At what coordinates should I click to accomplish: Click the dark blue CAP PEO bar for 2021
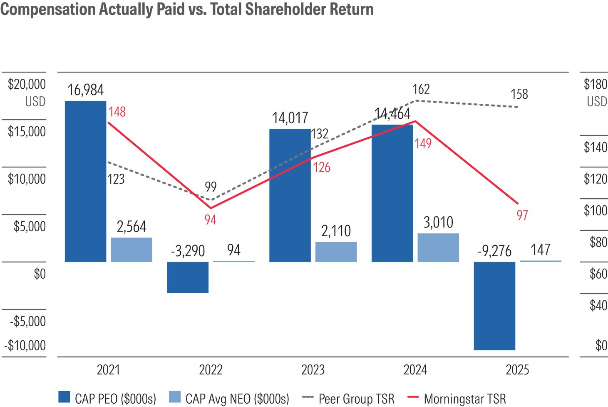click(86, 181)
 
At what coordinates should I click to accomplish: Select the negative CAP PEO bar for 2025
click(494, 306)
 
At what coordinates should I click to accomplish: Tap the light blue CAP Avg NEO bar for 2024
click(438, 247)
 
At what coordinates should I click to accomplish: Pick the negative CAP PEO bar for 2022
click(188, 277)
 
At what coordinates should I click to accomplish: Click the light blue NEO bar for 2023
click(336, 252)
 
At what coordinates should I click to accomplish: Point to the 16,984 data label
click(86, 90)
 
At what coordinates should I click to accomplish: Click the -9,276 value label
click(494, 251)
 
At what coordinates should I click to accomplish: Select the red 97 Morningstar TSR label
click(522, 215)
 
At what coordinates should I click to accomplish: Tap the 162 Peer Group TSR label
click(421, 89)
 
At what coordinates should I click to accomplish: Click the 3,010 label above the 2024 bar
click(438, 222)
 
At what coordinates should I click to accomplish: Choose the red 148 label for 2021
click(117, 112)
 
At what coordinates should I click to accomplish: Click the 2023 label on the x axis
click(313, 370)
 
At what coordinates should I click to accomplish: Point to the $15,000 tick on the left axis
click(27, 132)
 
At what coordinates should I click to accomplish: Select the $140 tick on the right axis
click(596, 147)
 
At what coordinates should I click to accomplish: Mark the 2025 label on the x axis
click(517, 370)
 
